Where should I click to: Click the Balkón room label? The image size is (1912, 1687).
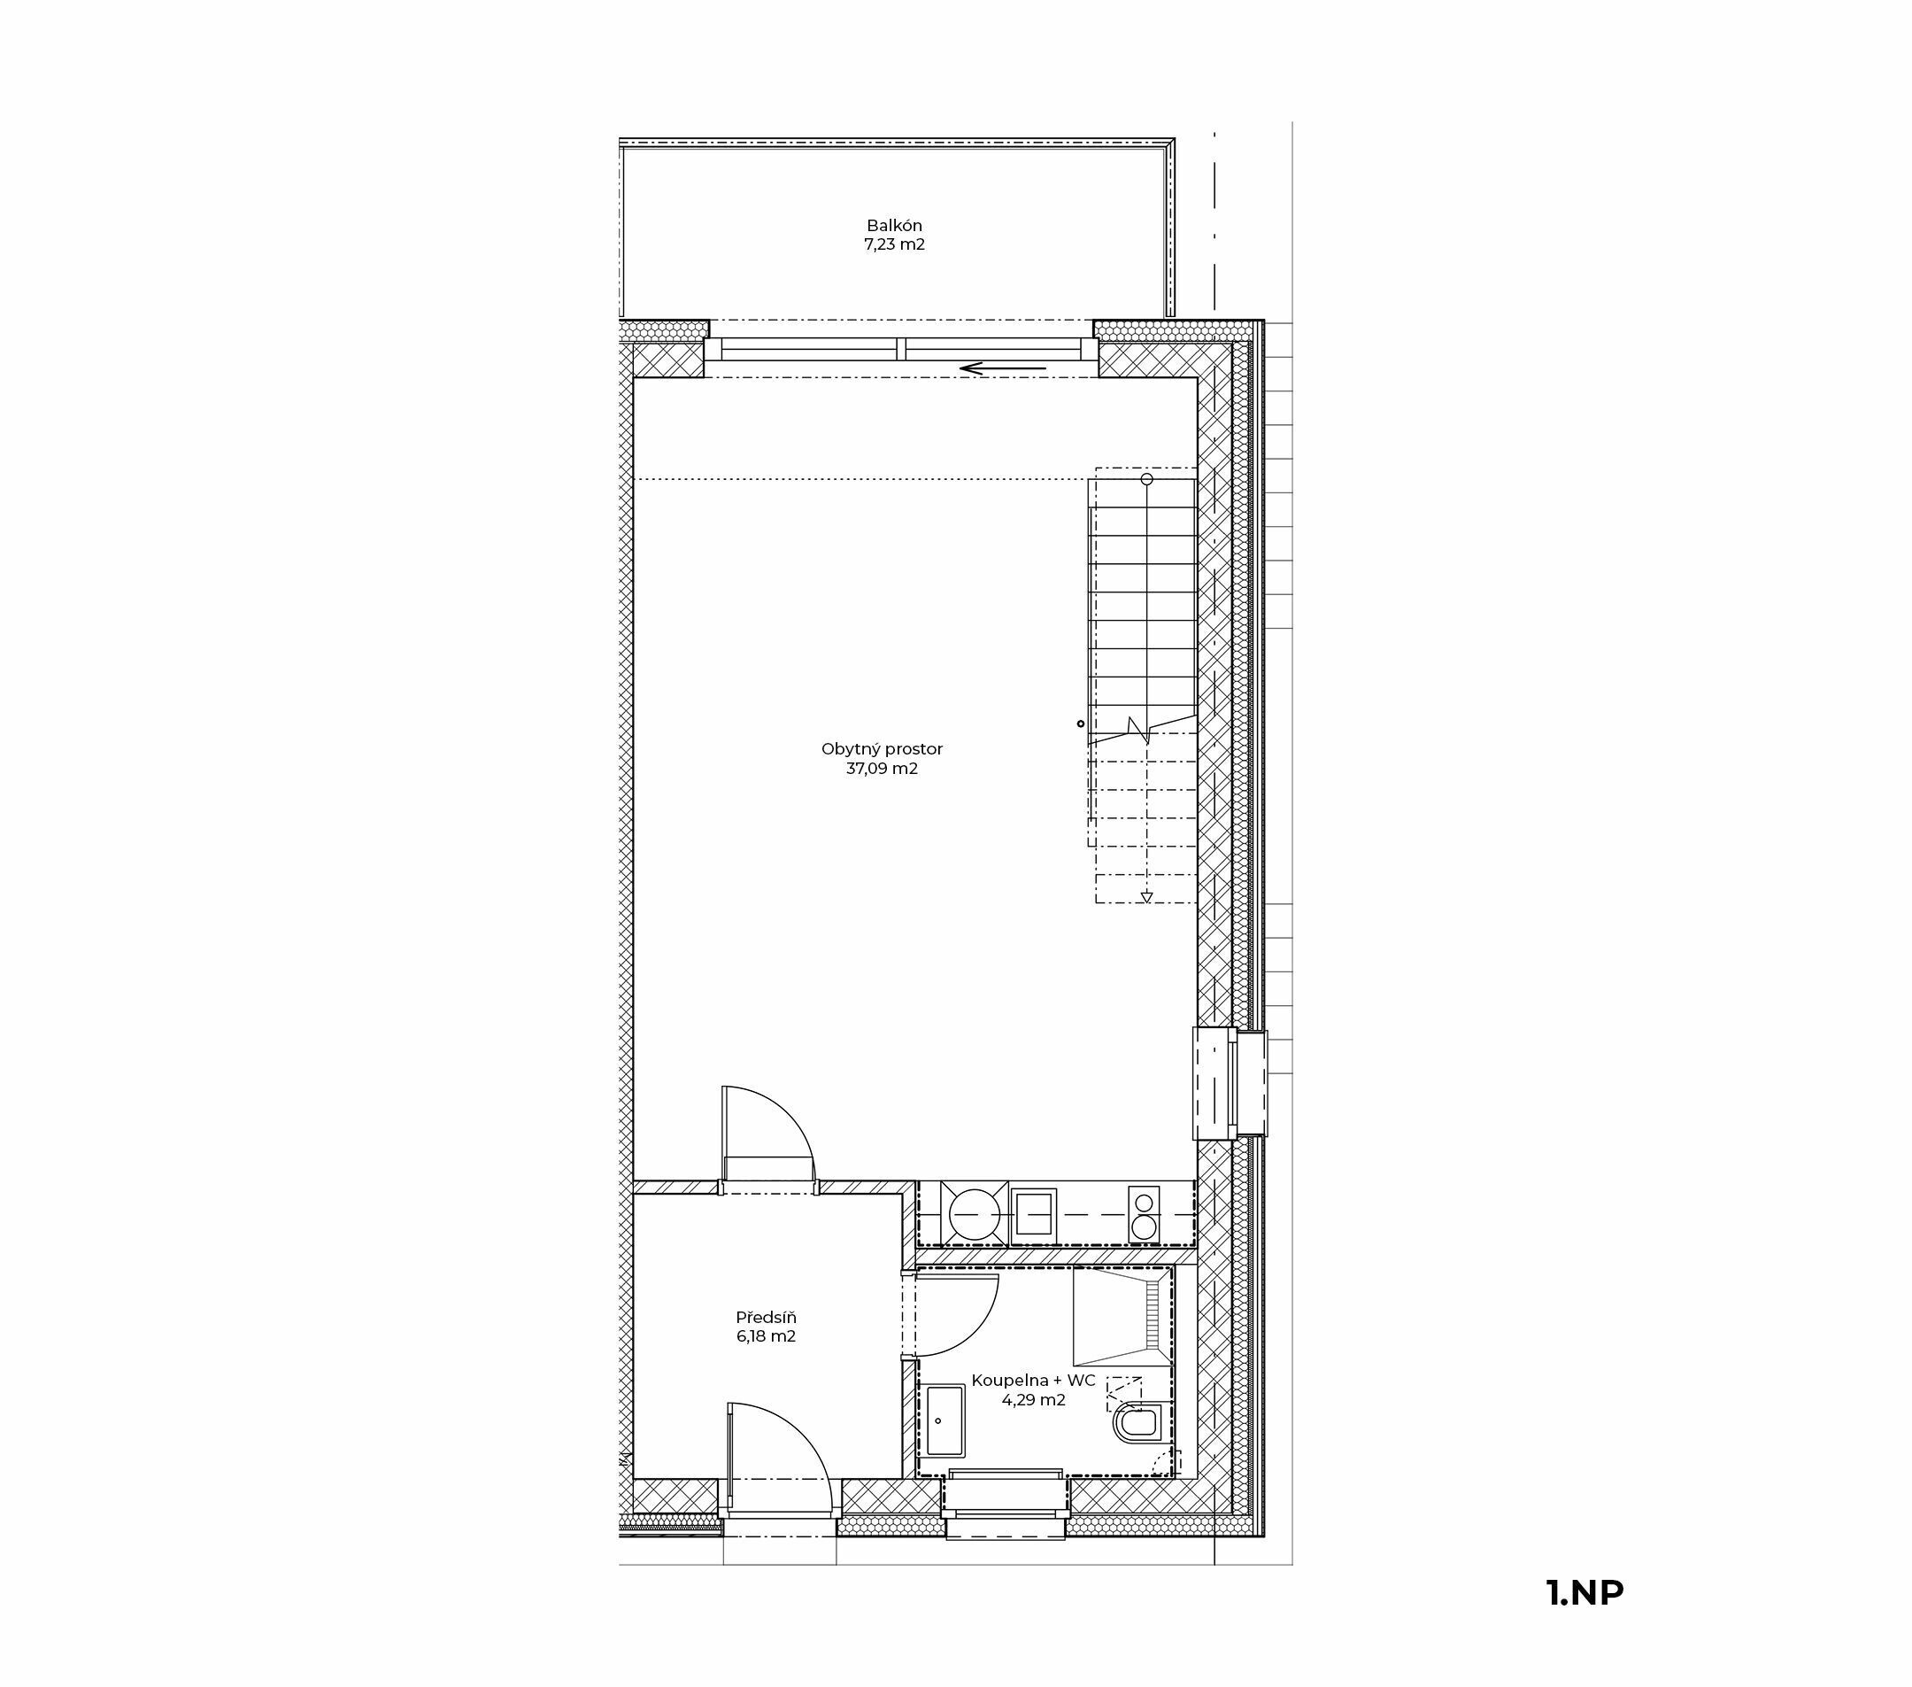click(894, 226)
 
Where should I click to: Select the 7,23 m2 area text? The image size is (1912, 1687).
click(894, 245)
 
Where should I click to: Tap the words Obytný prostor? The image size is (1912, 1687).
click(883, 749)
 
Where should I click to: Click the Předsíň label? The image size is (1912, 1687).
click(766, 1317)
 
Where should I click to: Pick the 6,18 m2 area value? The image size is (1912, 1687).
click(766, 1336)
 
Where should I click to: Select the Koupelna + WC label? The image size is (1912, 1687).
click(1034, 1380)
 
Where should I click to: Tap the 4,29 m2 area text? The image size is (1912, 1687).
click(1034, 1400)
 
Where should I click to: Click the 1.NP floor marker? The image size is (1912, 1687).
click(1585, 1592)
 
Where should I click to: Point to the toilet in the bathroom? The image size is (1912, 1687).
click(1137, 1424)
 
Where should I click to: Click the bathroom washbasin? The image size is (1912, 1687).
click(944, 1420)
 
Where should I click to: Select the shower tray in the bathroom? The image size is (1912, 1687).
click(1122, 1317)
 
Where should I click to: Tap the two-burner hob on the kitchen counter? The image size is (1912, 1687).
click(1144, 1214)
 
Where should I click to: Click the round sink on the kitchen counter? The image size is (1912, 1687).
click(975, 1214)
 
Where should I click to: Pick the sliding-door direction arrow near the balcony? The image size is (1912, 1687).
click(1003, 368)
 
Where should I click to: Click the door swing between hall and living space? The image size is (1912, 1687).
click(791, 1119)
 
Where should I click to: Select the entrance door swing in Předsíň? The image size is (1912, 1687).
click(805, 1435)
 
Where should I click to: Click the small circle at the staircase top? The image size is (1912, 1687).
click(1147, 479)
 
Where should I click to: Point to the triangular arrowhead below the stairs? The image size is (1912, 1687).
click(1147, 897)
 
